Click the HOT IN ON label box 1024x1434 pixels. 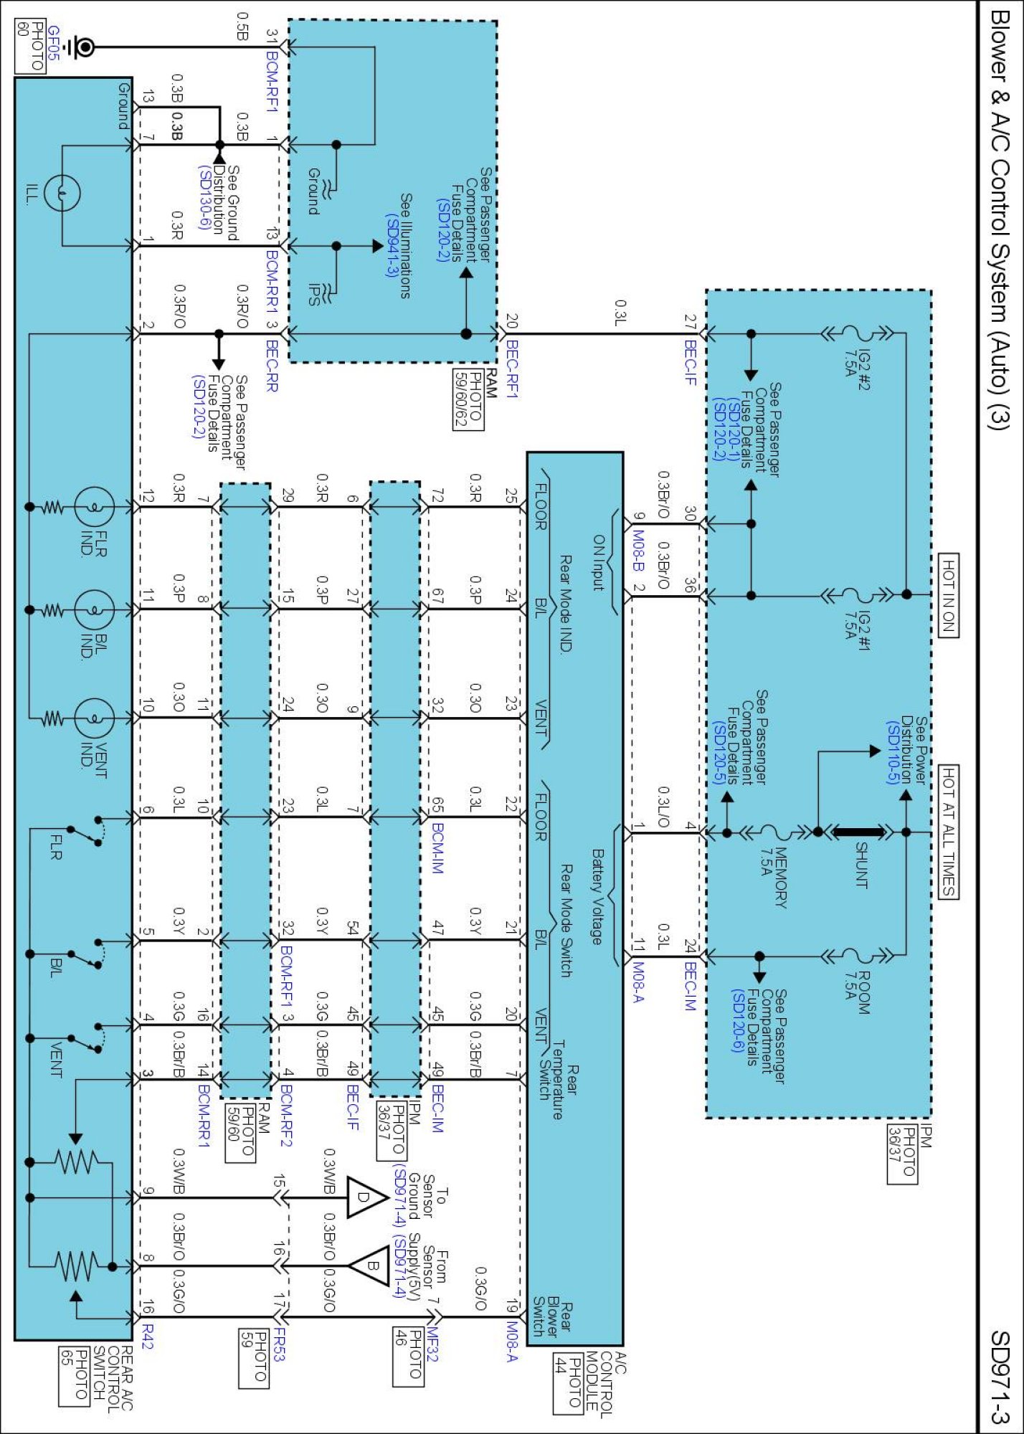tap(948, 594)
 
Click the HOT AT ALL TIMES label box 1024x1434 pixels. tap(948, 831)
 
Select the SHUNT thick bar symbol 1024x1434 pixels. tap(859, 832)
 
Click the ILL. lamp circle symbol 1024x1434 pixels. tap(62, 193)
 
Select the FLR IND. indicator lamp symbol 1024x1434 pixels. tap(95, 507)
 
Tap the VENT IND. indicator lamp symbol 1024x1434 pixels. tap(95, 717)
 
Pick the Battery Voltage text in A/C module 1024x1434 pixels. tap(597, 896)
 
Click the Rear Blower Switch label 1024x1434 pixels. tap(552, 1319)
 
